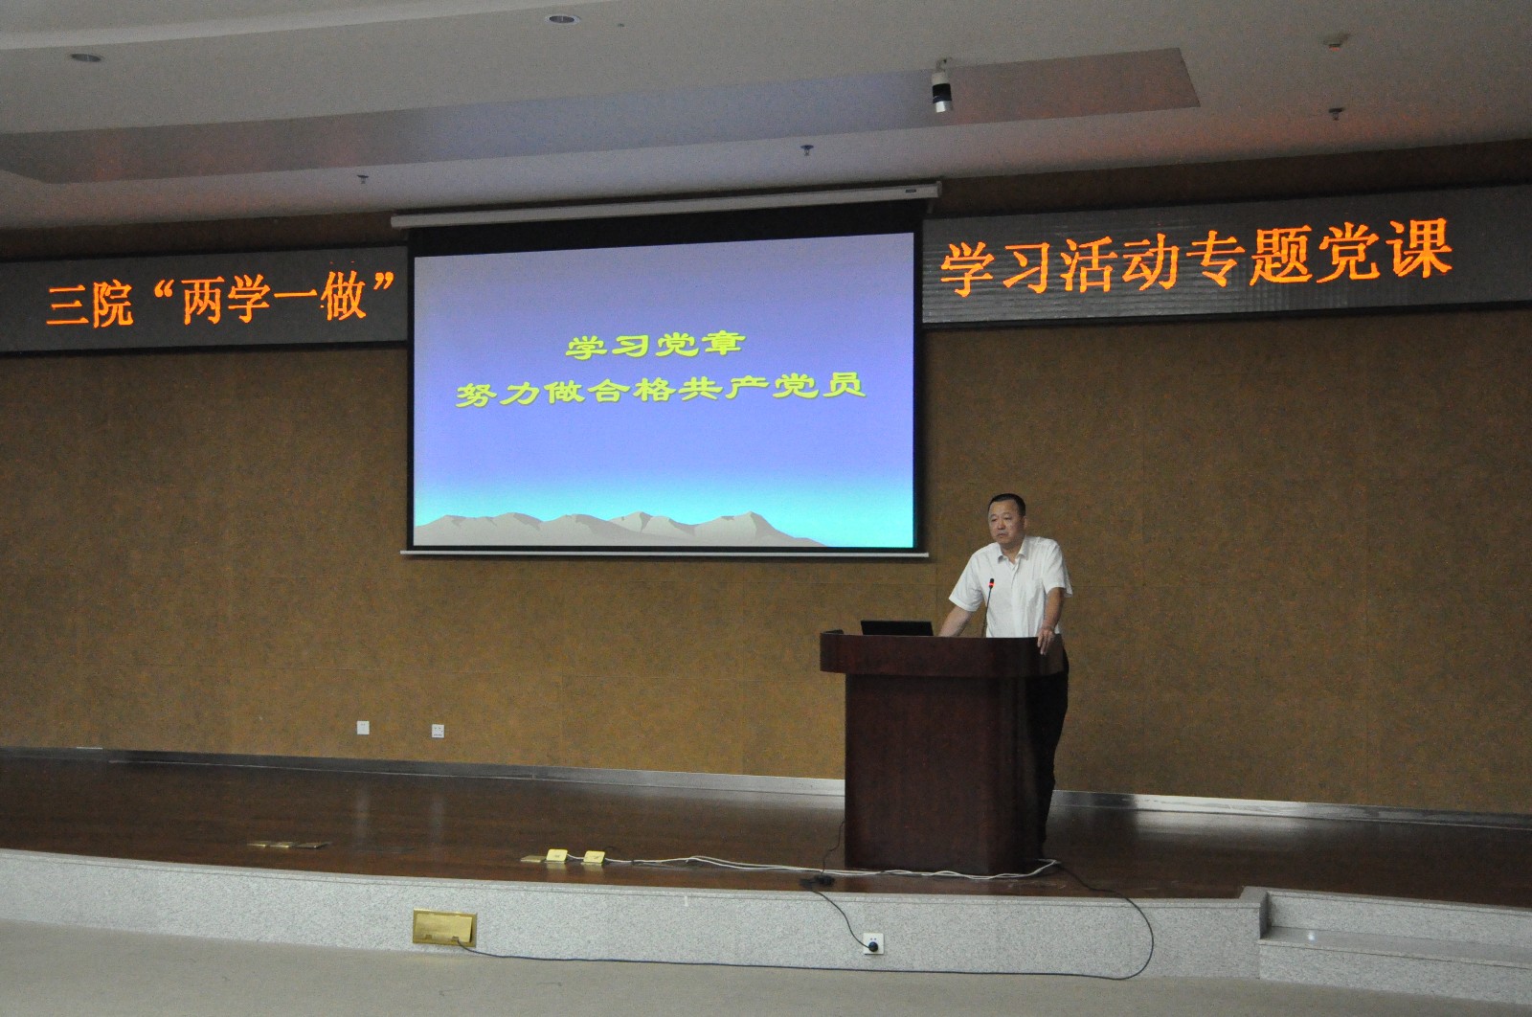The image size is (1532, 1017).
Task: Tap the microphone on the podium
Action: [988, 607]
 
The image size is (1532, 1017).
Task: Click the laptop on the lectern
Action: [896, 628]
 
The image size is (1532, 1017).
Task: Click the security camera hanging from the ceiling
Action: [942, 85]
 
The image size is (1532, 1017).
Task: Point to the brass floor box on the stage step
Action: [444, 927]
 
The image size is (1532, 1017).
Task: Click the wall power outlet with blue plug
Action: [872, 943]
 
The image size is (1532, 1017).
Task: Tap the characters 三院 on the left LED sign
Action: [90, 304]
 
